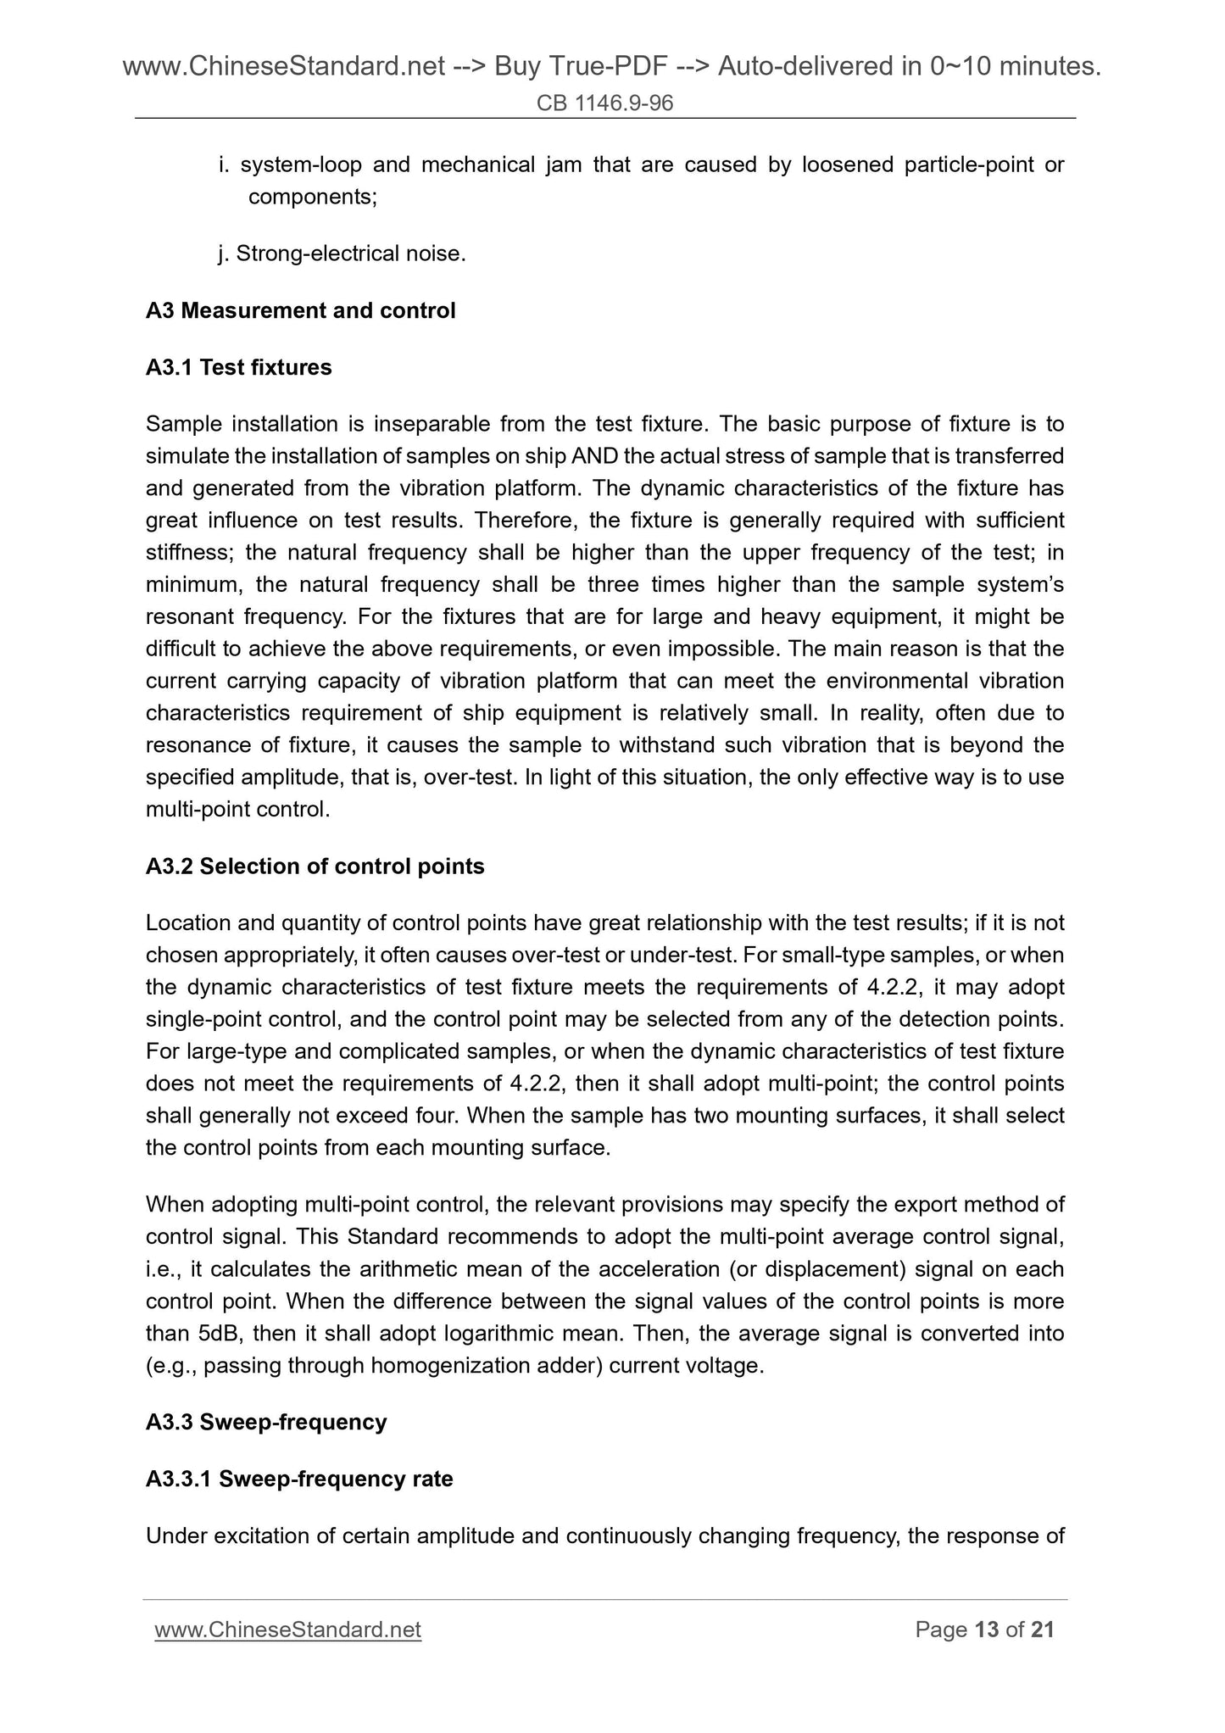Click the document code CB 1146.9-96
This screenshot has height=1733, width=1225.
click(604, 103)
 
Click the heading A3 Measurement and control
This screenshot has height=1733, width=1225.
click(300, 310)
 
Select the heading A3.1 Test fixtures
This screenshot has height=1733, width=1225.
click(238, 367)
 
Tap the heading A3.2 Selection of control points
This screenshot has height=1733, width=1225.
click(315, 866)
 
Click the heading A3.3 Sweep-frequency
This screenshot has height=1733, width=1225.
click(265, 1422)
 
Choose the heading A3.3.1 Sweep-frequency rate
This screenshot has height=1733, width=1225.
click(298, 1479)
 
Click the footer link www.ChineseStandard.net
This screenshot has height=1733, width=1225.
click(287, 1630)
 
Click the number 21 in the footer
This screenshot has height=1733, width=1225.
click(1042, 1630)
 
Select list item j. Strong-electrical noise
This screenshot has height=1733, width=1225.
click(342, 254)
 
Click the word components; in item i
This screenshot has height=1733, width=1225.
click(313, 197)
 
